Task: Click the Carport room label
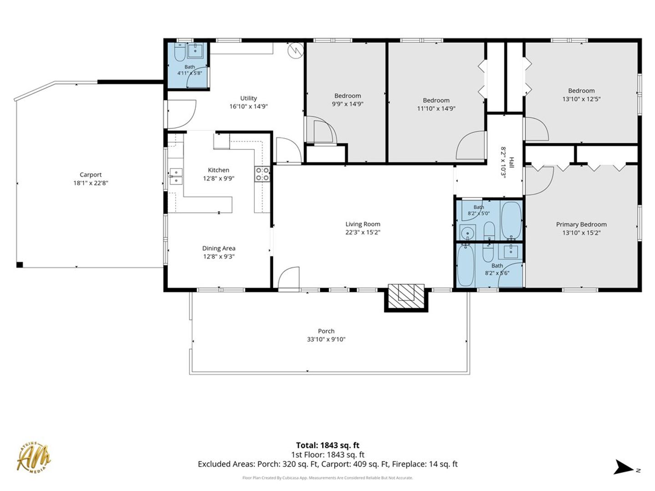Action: [x=91, y=175]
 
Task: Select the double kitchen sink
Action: [x=176, y=176]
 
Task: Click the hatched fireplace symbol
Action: [x=406, y=296]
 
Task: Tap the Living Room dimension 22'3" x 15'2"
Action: [x=363, y=232]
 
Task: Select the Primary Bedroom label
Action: [x=581, y=225]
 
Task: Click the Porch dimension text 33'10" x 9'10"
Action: [x=326, y=339]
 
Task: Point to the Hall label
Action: [x=511, y=162]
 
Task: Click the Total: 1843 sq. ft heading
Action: [x=327, y=446]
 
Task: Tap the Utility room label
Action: [x=248, y=98]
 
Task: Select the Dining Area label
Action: [x=219, y=248]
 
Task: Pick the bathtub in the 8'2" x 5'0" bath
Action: [x=511, y=220]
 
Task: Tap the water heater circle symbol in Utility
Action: [x=296, y=50]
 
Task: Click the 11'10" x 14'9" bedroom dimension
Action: [x=436, y=109]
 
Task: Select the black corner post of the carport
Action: [x=20, y=265]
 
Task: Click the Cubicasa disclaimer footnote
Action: [x=327, y=478]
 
